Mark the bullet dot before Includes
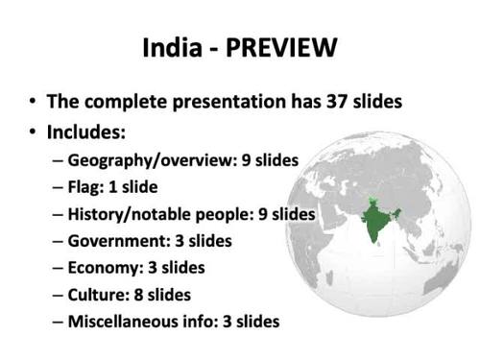35,130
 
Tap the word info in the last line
228,322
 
